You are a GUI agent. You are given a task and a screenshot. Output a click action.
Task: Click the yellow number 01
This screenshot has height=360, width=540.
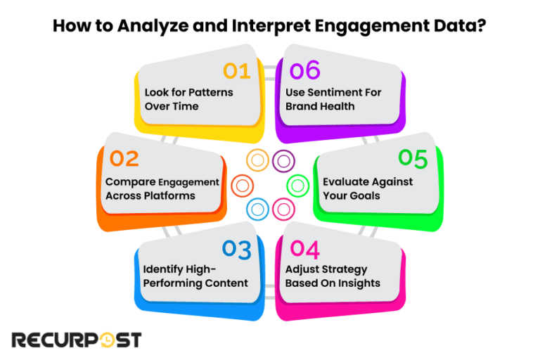(237, 70)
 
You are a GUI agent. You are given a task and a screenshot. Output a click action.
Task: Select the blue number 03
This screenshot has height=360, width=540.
(236, 249)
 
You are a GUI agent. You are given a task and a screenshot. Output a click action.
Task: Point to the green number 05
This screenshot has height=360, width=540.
(413, 159)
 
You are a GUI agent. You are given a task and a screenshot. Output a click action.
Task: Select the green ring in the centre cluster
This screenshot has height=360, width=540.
(298, 186)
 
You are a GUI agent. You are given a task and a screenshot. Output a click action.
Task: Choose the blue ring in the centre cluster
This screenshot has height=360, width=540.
(257, 209)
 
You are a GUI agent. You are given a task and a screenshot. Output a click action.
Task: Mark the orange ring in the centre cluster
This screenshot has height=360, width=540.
(242, 186)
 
